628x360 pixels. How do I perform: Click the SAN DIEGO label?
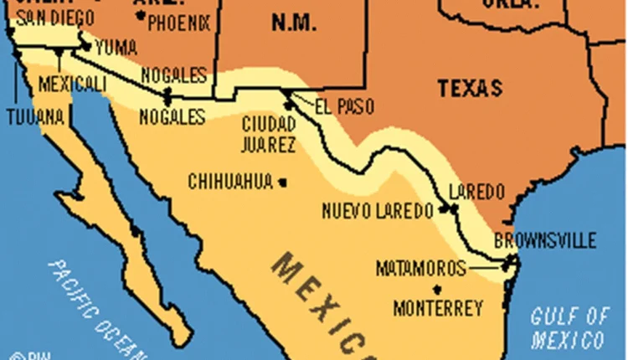pyautogui.click(x=49, y=17)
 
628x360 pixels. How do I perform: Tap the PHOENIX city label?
pyautogui.click(x=178, y=23)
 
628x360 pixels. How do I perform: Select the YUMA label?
pyautogui.click(x=116, y=48)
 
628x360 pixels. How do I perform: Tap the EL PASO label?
pyautogui.click(x=344, y=107)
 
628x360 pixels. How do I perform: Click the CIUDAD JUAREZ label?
pyautogui.click(x=268, y=134)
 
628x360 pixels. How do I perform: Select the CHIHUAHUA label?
pyautogui.click(x=230, y=181)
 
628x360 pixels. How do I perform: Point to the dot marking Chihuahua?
pyautogui.click(x=284, y=182)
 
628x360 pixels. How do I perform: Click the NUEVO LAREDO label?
pyautogui.click(x=378, y=210)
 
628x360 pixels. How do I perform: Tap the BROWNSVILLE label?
pyautogui.click(x=545, y=241)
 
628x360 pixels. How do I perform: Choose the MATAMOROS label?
pyautogui.click(x=420, y=269)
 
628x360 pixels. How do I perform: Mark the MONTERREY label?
pyautogui.click(x=437, y=308)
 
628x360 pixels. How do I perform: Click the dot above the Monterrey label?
pyautogui.click(x=435, y=289)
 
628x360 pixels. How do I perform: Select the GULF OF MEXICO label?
pyautogui.click(x=569, y=328)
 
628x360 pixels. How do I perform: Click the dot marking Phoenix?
pyautogui.click(x=141, y=15)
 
